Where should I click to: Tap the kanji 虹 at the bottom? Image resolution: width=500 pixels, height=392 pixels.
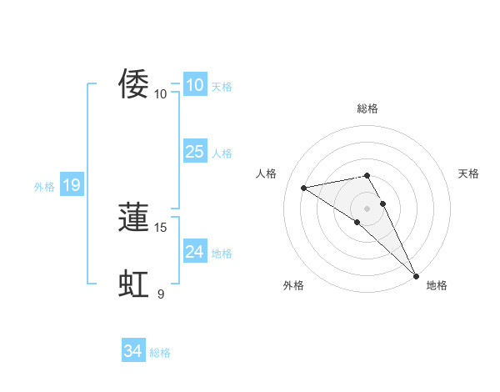(133, 284)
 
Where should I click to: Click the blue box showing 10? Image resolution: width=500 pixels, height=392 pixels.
(194, 85)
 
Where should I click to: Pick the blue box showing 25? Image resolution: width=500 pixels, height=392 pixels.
(194, 151)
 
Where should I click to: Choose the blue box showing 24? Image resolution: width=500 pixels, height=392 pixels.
(194, 251)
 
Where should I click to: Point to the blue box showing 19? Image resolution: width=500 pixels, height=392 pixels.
(71, 185)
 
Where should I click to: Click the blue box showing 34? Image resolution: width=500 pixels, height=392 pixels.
(132, 351)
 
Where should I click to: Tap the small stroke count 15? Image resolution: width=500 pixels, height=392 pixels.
(162, 227)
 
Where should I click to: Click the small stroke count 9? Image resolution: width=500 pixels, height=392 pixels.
(161, 294)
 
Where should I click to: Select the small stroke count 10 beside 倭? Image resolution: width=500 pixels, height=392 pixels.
(161, 93)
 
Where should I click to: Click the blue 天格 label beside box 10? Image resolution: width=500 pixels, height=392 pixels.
(222, 87)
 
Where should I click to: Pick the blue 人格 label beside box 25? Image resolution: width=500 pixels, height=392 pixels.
(222, 153)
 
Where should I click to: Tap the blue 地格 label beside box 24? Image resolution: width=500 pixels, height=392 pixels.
(222, 254)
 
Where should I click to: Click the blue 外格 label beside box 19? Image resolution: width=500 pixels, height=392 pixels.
(44, 187)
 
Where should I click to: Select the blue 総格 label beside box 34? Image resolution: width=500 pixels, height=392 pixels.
(160, 353)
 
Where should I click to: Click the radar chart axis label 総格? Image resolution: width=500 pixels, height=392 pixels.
(367, 108)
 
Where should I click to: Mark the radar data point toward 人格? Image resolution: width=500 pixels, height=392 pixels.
(304, 188)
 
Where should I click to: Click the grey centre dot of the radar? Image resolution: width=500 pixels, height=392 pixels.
(367, 208)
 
